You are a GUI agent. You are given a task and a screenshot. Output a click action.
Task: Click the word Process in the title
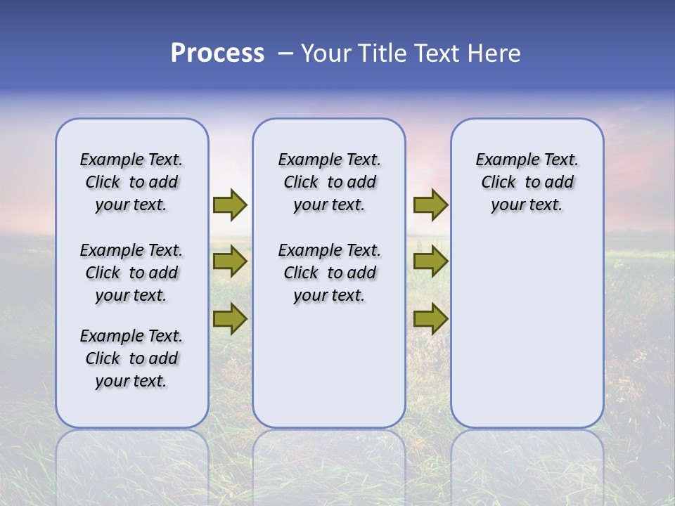tap(217, 53)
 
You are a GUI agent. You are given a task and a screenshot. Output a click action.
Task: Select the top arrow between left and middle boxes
tap(230, 205)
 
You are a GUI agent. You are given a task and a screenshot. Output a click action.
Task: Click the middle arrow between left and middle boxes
tap(230, 261)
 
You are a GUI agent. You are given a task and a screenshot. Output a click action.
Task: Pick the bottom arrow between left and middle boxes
tap(230, 318)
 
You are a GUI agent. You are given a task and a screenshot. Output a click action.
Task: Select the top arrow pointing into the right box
tap(430, 205)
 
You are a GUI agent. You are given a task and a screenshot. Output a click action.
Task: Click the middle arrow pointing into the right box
tap(430, 261)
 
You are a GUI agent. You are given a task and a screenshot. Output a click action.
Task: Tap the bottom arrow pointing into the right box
tap(430, 318)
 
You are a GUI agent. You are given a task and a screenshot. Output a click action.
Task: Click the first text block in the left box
tap(131, 182)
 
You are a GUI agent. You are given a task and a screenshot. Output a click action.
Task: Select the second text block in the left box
tap(131, 273)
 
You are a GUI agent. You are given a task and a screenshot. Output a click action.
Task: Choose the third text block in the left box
tap(131, 358)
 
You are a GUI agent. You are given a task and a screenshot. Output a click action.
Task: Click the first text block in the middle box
tap(329, 182)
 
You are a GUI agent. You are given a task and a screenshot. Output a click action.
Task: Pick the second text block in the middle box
tap(329, 273)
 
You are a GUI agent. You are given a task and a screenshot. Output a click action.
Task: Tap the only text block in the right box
tap(527, 182)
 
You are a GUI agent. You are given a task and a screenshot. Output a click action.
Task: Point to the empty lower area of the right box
tap(527, 330)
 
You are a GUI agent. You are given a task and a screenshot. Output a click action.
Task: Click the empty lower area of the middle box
tap(329, 365)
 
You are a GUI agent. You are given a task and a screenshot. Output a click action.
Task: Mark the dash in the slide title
tap(285, 53)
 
